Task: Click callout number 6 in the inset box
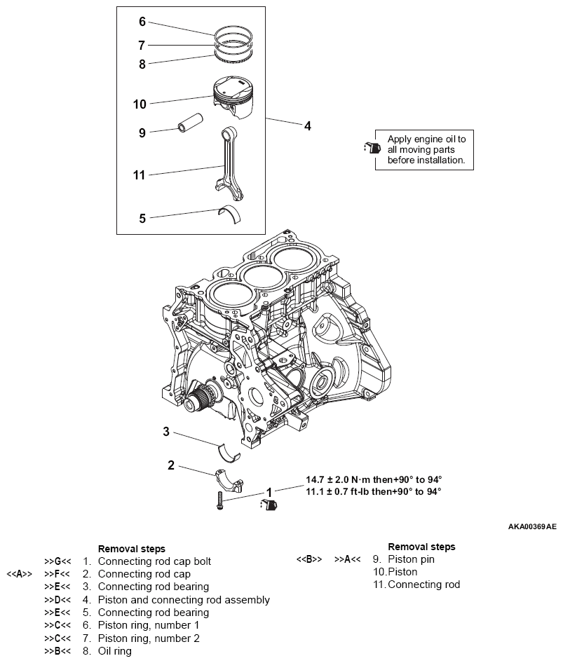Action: click(142, 22)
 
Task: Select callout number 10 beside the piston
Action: click(140, 104)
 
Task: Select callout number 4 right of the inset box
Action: click(307, 126)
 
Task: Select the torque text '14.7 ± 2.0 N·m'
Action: click(339, 479)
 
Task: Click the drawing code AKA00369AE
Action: click(532, 525)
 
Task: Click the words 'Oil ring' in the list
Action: click(114, 651)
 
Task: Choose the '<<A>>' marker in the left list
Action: click(19, 574)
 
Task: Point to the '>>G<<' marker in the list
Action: click(57, 561)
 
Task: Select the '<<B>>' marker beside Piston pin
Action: click(308, 559)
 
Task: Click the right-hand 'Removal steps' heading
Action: click(421, 547)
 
